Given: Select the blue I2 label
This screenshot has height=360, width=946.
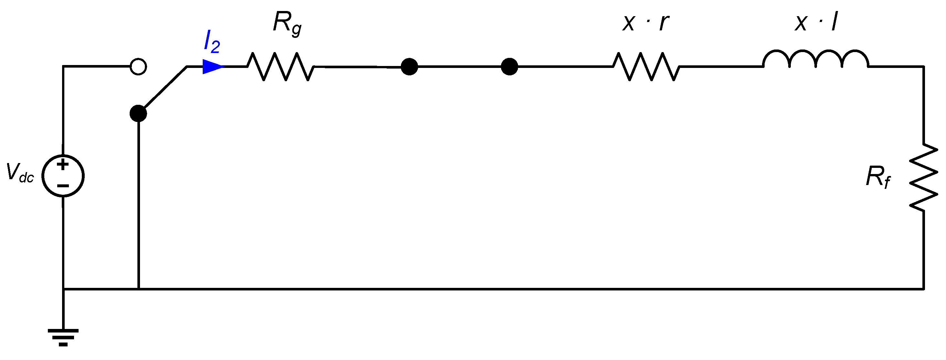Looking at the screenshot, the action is [212, 41].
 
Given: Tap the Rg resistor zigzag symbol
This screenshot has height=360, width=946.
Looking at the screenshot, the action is [281, 67].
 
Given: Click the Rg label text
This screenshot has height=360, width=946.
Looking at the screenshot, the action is [287, 24].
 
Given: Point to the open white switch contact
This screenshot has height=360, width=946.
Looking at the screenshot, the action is [138, 67].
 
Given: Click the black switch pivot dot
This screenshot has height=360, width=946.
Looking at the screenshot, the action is [138, 114].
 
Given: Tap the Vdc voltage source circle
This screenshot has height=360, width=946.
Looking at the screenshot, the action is [63, 176].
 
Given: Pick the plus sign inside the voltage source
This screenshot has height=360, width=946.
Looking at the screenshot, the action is [63, 164].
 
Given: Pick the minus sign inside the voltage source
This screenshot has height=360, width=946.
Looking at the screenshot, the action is [63, 186].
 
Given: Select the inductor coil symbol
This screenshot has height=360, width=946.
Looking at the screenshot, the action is [816, 60].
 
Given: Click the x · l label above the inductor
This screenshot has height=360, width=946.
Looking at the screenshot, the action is [816, 22].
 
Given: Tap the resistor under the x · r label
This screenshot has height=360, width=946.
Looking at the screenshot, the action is [646, 67].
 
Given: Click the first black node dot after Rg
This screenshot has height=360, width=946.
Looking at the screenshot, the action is [409, 67].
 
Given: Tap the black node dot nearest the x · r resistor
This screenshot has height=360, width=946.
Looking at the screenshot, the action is [509, 67].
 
